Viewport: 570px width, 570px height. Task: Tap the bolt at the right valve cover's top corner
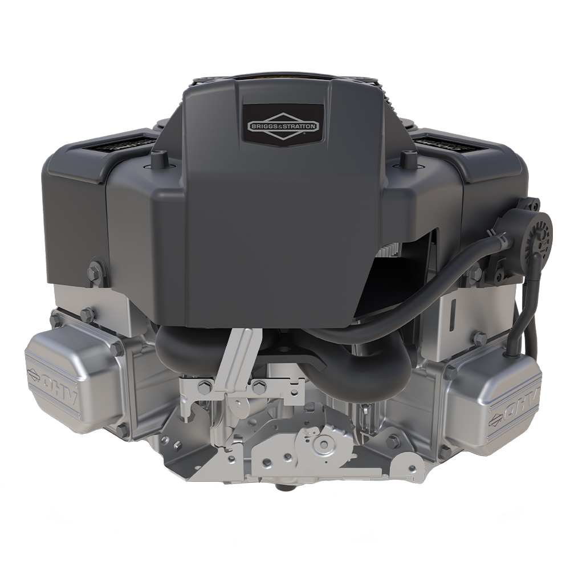tap(480, 337)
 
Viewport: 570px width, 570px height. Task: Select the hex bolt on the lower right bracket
tap(393, 442)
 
